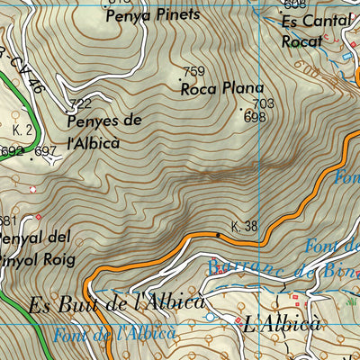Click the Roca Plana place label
pyautogui.click(x=221, y=88)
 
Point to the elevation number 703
pyautogui.click(x=264, y=104)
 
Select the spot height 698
pyautogui.click(x=255, y=117)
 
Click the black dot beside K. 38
pyautogui.click(x=217, y=235)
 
